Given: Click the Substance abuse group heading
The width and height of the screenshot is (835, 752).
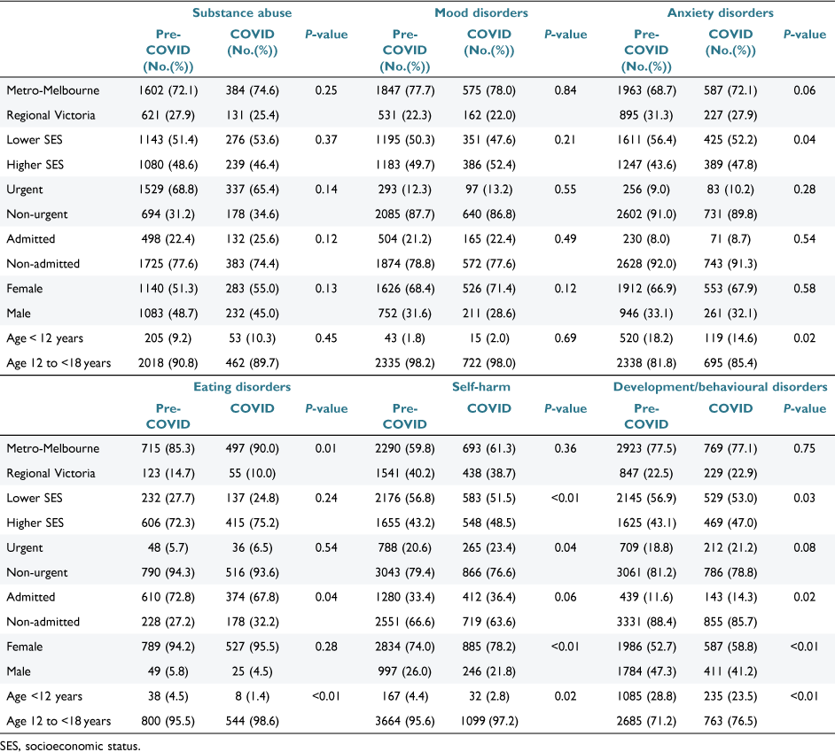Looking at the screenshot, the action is (x=242, y=12).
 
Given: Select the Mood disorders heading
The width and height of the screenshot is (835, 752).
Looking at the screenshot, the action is (x=480, y=12).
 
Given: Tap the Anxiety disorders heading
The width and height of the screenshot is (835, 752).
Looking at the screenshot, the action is (x=720, y=12).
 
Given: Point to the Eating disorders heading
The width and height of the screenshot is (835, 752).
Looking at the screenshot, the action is (x=242, y=387).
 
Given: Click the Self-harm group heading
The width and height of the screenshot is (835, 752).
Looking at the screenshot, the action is (x=480, y=387).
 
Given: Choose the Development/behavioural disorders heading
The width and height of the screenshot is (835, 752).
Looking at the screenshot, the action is (x=720, y=387).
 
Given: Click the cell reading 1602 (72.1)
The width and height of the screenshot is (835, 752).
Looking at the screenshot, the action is (x=168, y=90).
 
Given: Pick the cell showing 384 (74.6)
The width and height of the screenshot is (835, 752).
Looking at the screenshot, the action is (x=252, y=90).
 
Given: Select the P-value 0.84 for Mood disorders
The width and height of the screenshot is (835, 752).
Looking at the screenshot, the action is (x=565, y=90).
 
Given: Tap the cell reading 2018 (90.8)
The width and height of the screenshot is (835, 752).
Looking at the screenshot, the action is (x=168, y=363).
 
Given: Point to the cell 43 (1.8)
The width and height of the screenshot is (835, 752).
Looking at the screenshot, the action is (x=405, y=338).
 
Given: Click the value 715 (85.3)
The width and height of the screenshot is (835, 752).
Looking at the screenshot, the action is (x=168, y=449).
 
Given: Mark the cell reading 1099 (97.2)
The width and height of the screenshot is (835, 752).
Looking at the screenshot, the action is (x=489, y=721).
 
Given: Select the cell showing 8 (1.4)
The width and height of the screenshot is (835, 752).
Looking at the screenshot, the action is (x=252, y=696).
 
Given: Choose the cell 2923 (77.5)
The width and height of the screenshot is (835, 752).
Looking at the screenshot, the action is (x=646, y=449).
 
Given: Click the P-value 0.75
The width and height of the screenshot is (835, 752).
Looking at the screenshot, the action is (x=804, y=449).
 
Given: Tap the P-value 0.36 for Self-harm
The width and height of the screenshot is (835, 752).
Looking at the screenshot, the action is (x=565, y=449).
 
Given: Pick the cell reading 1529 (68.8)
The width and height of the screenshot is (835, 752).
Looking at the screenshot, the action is (x=168, y=190).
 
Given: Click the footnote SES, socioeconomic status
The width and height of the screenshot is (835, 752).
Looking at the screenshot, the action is (x=70, y=746).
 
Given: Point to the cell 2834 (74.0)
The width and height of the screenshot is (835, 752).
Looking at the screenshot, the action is (x=405, y=647).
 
